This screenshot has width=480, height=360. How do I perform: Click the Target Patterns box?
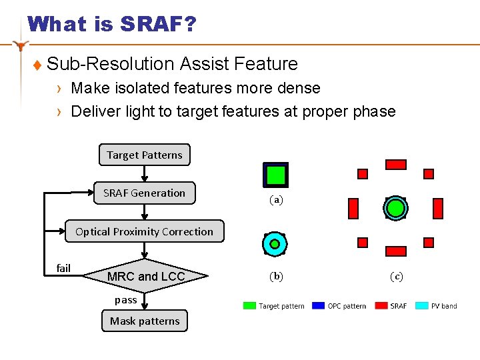point(144,155)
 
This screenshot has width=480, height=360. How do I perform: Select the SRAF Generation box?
point(144,193)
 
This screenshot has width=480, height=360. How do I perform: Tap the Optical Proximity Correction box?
point(144,231)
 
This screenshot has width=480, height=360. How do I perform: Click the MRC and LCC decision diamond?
point(146,276)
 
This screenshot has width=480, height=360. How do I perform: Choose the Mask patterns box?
point(145,321)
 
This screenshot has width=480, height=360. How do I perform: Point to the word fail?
point(63,268)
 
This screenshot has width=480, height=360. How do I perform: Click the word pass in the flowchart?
point(125,300)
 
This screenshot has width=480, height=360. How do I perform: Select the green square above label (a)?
point(276,175)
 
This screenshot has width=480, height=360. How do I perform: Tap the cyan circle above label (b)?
point(275,244)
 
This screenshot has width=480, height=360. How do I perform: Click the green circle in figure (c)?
point(395,208)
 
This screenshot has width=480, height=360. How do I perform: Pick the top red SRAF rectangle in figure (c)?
point(396,164)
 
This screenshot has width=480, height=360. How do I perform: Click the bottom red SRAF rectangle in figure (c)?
point(396,251)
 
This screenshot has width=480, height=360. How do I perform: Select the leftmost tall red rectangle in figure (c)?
point(353,209)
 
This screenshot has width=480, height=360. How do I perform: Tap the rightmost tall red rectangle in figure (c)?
point(438,209)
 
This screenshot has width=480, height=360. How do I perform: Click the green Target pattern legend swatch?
point(249,306)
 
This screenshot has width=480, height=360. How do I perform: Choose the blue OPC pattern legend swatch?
point(318,306)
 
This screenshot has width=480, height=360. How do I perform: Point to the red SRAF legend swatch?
point(381,306)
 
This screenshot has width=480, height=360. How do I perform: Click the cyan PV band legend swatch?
point(421,306)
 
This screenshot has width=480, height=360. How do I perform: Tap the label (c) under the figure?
point(396,276)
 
